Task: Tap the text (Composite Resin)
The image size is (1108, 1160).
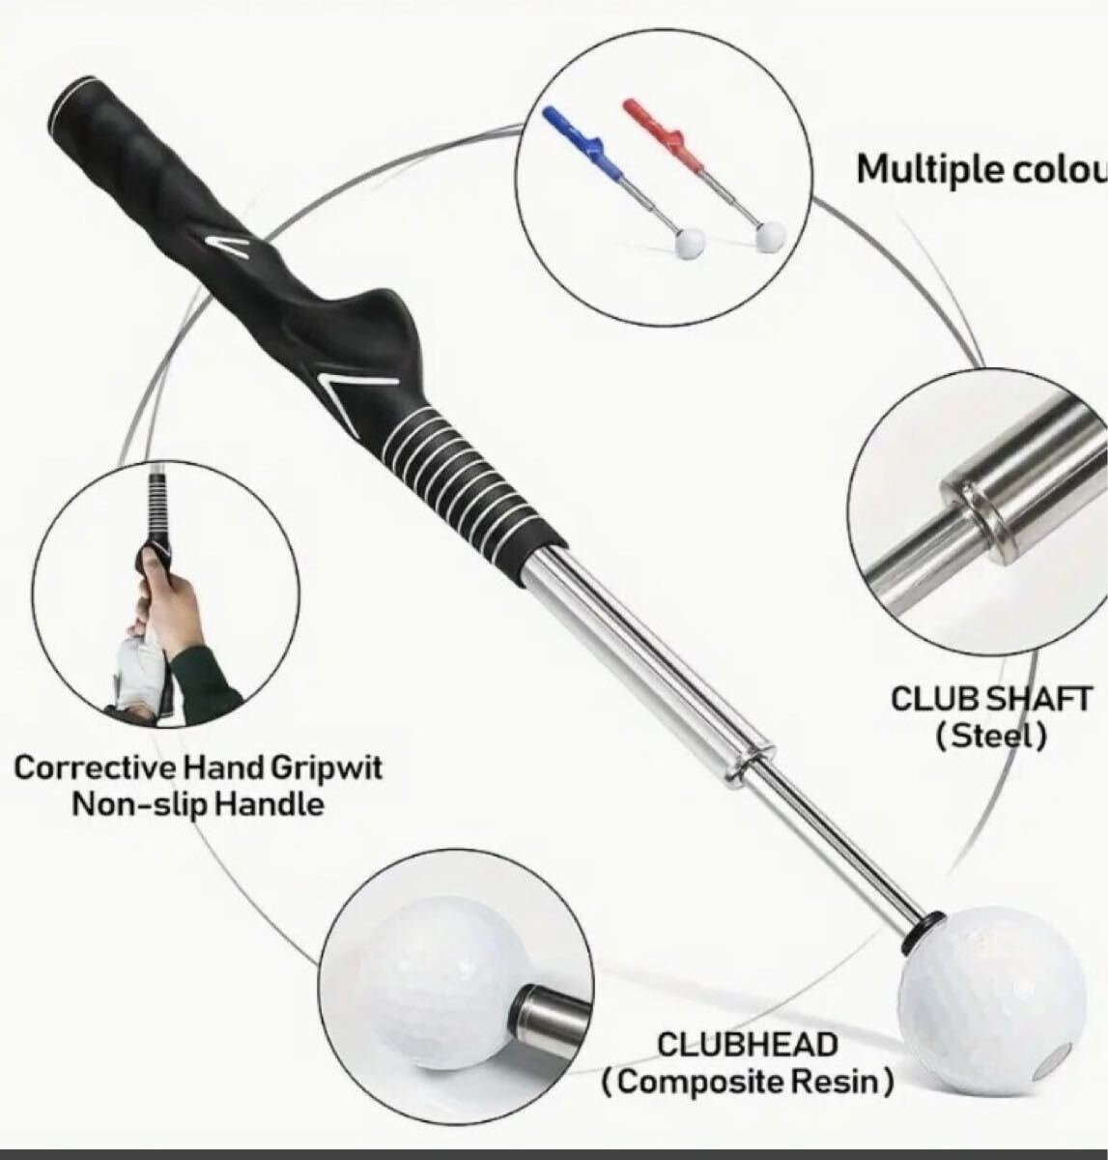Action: pos(747,1082)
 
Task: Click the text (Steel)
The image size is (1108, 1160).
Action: pos(991,737)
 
